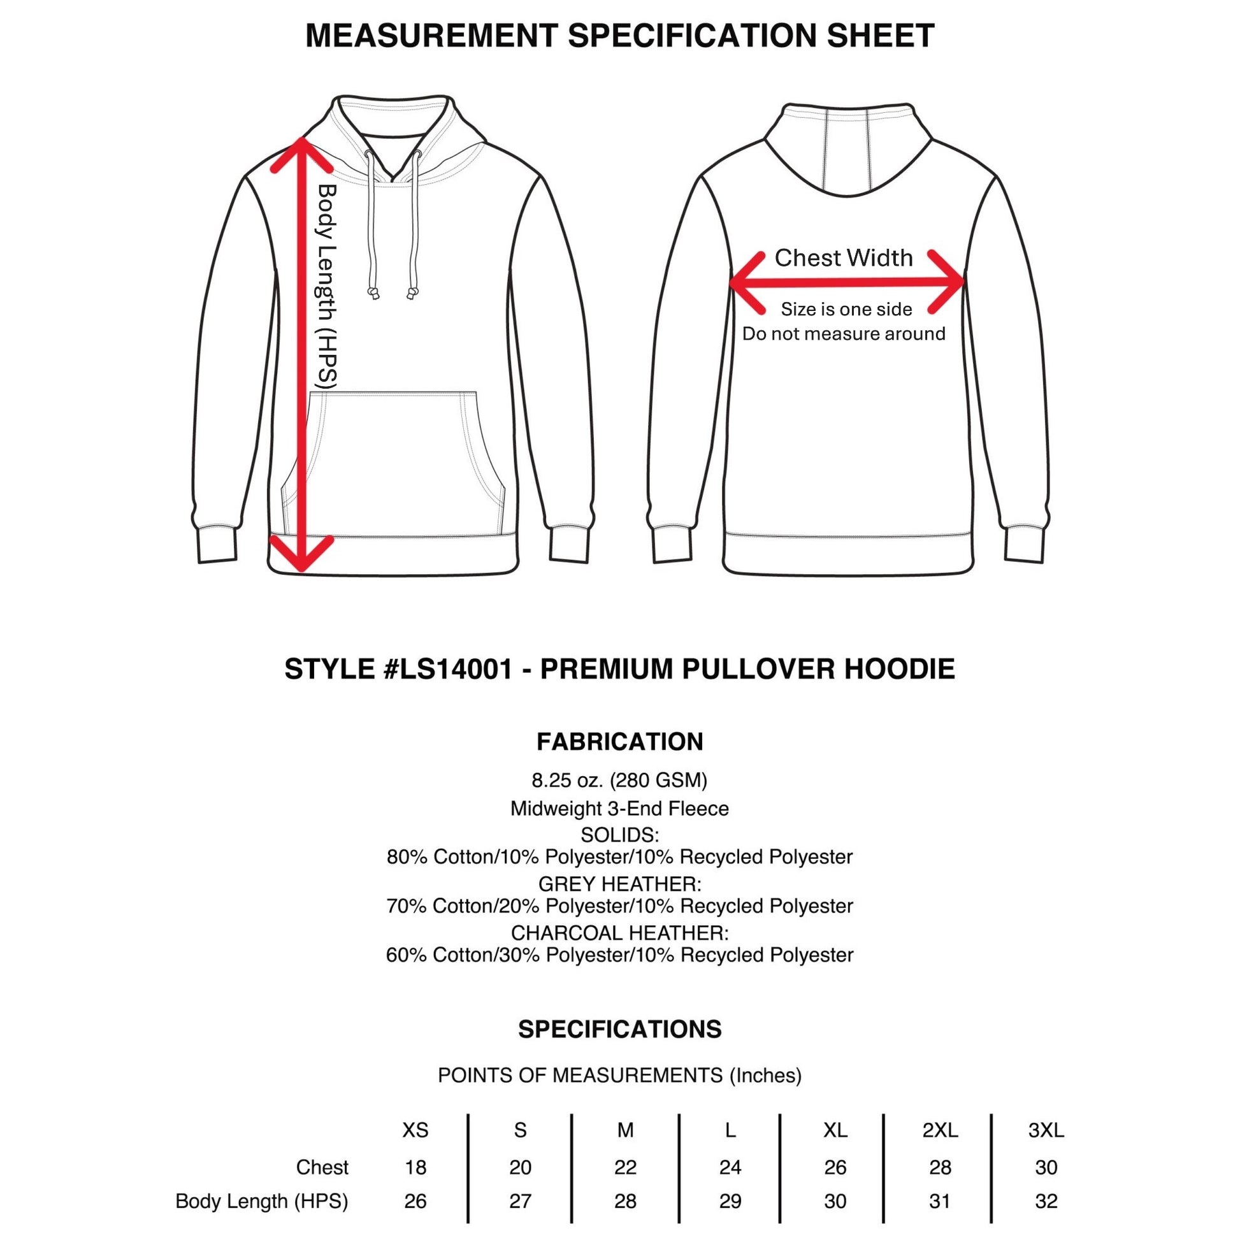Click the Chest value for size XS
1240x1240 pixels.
point(415,1167)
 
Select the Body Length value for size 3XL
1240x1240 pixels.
point(1046,1201)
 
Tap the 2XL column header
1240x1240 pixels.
point(941,1130)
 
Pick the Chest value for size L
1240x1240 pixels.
point(730,1167)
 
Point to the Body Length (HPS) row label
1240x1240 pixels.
point(262,1202)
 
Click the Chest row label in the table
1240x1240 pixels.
point(322,1167)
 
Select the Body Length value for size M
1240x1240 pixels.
point(625,1201)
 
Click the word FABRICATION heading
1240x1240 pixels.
point(620,742)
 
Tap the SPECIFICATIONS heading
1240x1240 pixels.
point(620,1030)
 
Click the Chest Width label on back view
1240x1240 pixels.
point(844,257)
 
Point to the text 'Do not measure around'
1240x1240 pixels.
point(844,334)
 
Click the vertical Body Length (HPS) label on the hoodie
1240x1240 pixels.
point(328,287)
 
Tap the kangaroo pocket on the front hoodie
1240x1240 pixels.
point(393,463)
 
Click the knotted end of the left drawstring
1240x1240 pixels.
point(373,293)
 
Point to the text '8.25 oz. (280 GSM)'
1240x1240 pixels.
point(620,781)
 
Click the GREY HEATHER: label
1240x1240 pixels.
point(620,884)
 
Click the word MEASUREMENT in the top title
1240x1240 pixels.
point(431,35)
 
